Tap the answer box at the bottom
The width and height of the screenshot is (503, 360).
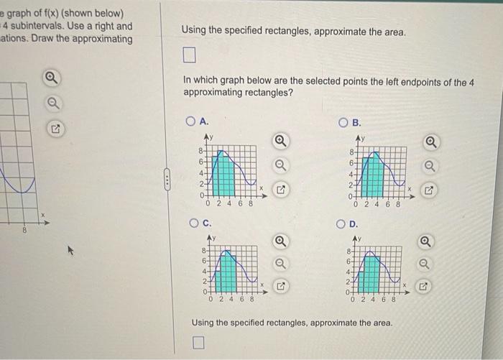coord(198,342)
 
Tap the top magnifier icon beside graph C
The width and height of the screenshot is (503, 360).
coord(282,240)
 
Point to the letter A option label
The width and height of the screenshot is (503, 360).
coord(204,121)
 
